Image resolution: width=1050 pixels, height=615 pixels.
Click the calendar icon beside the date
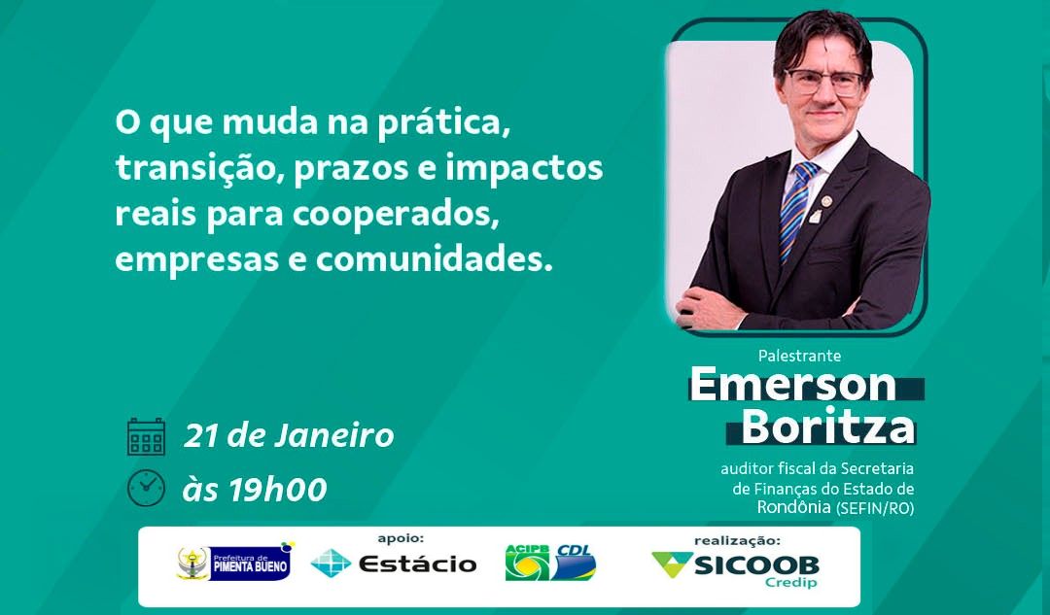(146, 436)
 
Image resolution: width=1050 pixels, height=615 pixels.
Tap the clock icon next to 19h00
(146, 488)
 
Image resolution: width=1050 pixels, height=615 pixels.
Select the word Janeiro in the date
(333, 435)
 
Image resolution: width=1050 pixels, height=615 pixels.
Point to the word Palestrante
(799, 356)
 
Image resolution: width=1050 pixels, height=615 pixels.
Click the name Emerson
(793, 384)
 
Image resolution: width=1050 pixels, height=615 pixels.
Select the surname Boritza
(827, 426)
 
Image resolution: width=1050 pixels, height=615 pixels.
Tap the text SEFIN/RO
(875, 508)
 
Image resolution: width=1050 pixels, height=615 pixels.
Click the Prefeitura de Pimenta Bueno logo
(234, 563)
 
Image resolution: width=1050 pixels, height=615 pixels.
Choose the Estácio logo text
(417, 564)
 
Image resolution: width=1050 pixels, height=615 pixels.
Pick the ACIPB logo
(527, 563)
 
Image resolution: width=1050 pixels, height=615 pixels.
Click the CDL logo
(574, 563)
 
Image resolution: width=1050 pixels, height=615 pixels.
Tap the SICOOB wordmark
(756, 565)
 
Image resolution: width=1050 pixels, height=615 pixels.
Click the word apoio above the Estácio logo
(401, 538)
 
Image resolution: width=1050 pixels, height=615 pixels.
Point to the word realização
(737, 541)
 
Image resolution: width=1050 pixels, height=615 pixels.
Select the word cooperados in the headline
(395, 214)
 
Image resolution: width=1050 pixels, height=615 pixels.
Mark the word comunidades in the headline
(434, 259)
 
